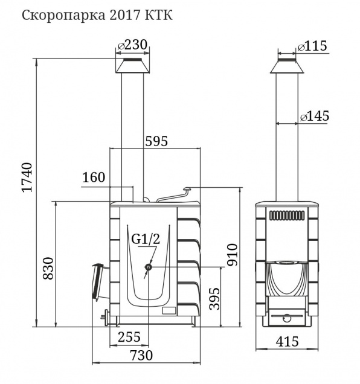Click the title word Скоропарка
coord(64,16)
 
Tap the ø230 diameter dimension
coord(132,45)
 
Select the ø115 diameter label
coord(312,46)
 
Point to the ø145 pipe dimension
coord(315,116)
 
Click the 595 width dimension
coord(156,141)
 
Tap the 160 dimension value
coord(94,178)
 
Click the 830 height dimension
coord(48,268)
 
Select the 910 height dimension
coord(232,254)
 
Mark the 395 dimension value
coord(215,298)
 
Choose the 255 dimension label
coord(129,337)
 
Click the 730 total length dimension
coord(141,356)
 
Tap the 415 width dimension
coord(288,342)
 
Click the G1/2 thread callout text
coord(146,239)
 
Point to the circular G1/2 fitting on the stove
coord(149,267)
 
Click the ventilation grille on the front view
coord(288,216)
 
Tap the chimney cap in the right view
coord(287,66)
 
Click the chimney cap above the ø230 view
coord(132,66)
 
